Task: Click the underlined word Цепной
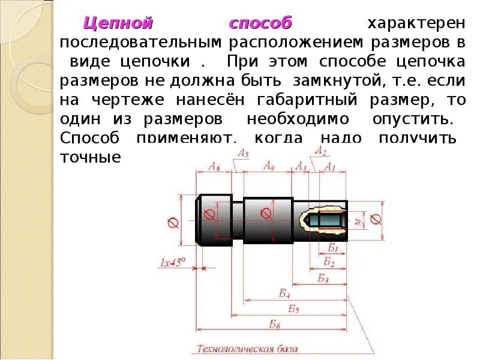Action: click(x=118, y=24)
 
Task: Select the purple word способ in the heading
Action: click(x=260, y=24)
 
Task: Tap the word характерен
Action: click(x=416, y=24)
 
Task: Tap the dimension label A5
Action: click(x=242, y=154)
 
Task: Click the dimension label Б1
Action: click(x=333, y=247)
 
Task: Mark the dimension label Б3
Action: click(x=323, y=278)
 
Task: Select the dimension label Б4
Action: click(x=284, y=293)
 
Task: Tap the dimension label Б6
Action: click(x=275, y=325)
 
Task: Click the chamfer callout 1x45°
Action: click(x=173, y=262)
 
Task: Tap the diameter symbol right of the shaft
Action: click(x=376, y=219)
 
